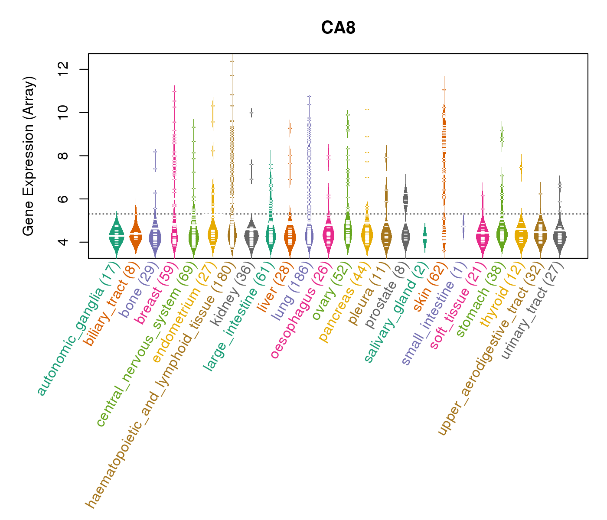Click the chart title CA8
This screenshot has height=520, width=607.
(x=338, y=28)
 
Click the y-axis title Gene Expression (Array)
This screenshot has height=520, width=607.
(x=29, y=156)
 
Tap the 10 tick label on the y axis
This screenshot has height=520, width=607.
(x=63, y=113)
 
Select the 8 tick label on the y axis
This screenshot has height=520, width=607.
(x=63, y=156)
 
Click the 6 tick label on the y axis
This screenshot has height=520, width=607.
(x=63, y=199)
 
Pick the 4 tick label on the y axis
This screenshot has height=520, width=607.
(x=63, y=242)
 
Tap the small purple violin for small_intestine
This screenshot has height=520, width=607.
(x=463, y=227)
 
